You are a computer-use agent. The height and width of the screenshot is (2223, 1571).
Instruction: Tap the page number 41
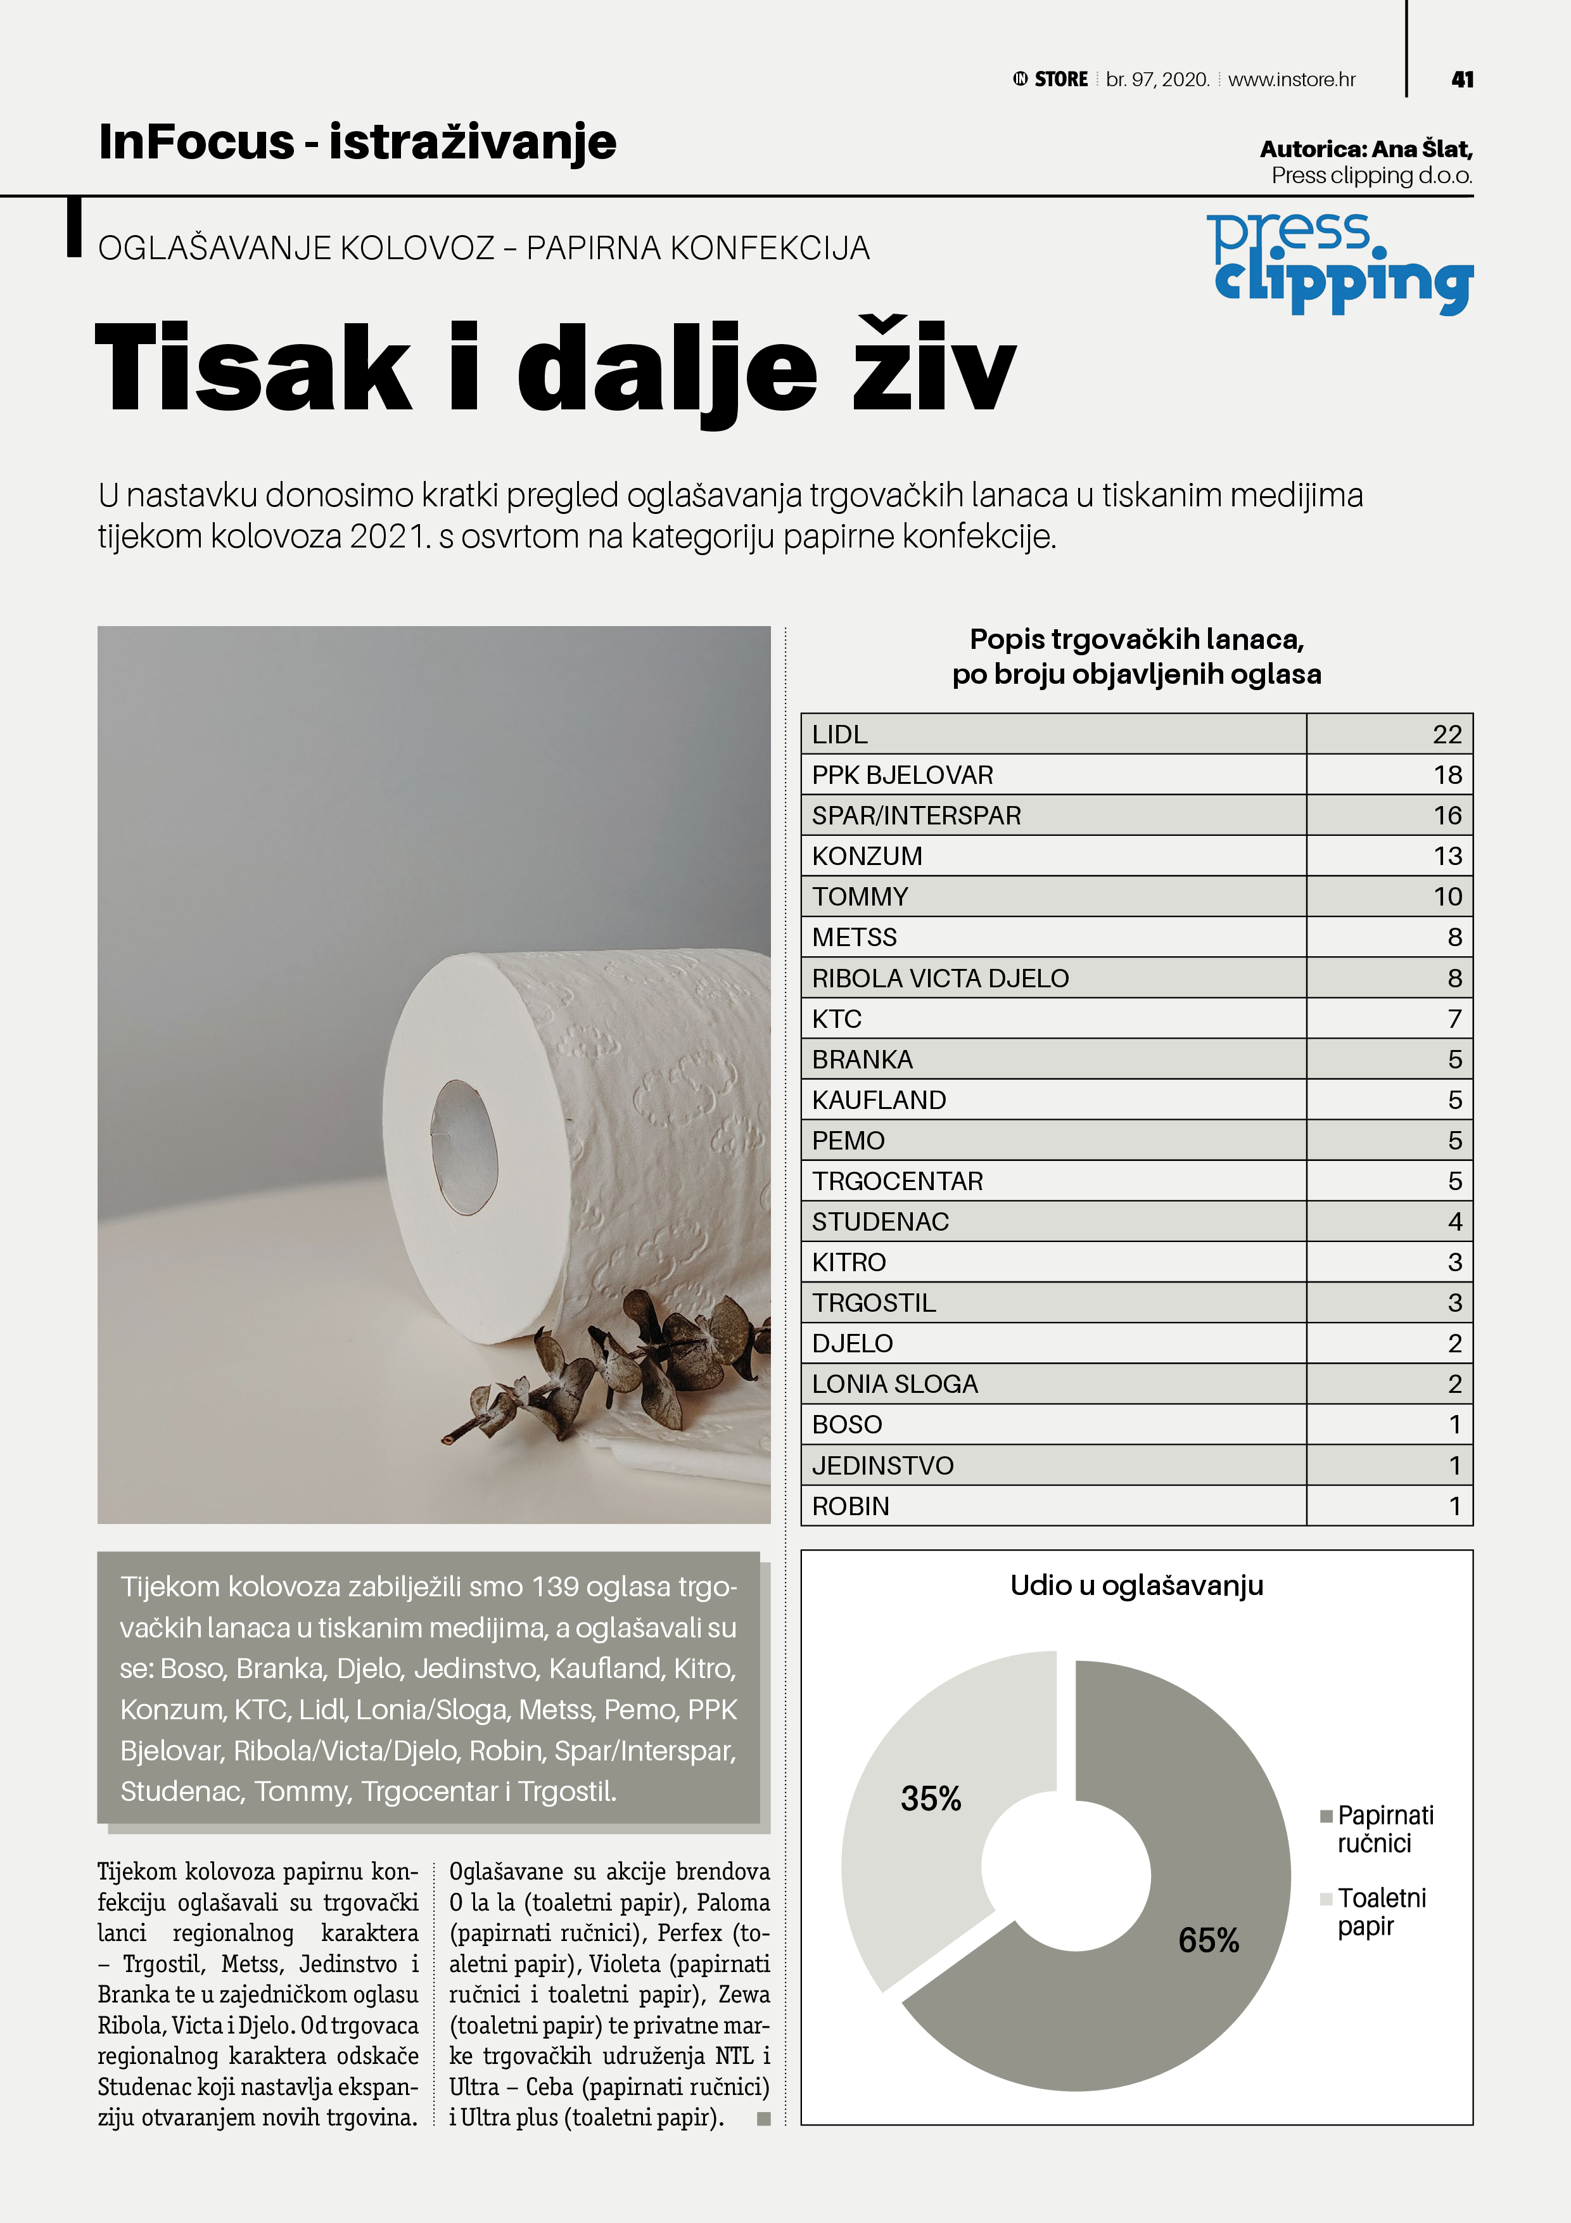pyautogui.click(x=1461, y=79)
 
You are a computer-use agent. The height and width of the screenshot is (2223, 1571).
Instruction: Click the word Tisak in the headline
pyautogui.click(x=253, y=369)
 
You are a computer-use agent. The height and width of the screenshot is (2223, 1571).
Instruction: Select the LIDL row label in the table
pyautogui.click(x=839, y=735)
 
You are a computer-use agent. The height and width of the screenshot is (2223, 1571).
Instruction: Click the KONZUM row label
pyautogui.click(x=867, y=857)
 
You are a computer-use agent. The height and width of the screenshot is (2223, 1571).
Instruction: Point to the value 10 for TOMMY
pyautogui.click(x=1447, y=897)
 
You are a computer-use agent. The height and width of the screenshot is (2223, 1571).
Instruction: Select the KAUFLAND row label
pyautogui.click(x=878, y=1101)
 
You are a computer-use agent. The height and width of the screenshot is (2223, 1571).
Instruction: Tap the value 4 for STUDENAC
pyautogui.click(x=1454, y=1222)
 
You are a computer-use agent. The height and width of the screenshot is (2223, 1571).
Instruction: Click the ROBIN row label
pyautogui.click(x=850, y=1506)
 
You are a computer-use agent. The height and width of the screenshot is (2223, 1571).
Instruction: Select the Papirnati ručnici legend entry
pyautogui.click(x=1384, y=1829)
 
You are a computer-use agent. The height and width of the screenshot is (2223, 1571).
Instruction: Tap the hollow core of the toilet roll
pyautogui.click(x=464, y=1148)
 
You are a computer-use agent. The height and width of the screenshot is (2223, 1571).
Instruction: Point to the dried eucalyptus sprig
pyautogui.click(x=620, y=1365)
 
